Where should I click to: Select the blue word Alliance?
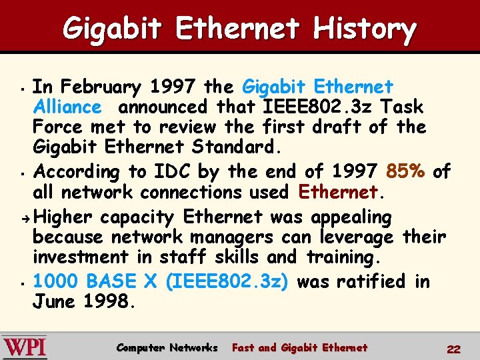[x=67, y=107]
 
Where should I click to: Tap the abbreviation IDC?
[x=168, y=172]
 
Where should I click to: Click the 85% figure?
[x=405, y=172]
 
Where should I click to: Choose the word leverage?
[x=359, y=237]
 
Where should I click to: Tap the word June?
[x=55, y=301]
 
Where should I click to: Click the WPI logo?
[x=25, y=348]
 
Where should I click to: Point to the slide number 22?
[x=453, y=349]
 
